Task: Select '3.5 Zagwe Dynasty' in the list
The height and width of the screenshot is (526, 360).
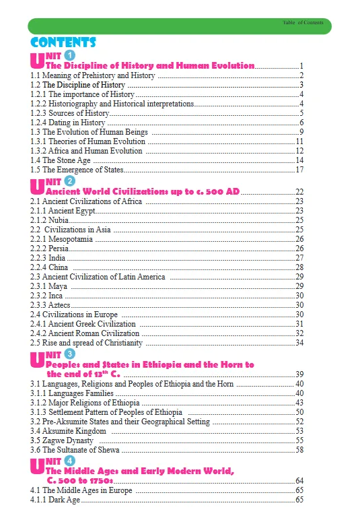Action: coord(62,440)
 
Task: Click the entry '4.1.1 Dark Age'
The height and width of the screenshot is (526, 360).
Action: coord(55,500)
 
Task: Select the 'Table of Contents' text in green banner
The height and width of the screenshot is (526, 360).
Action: coord(304,23)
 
